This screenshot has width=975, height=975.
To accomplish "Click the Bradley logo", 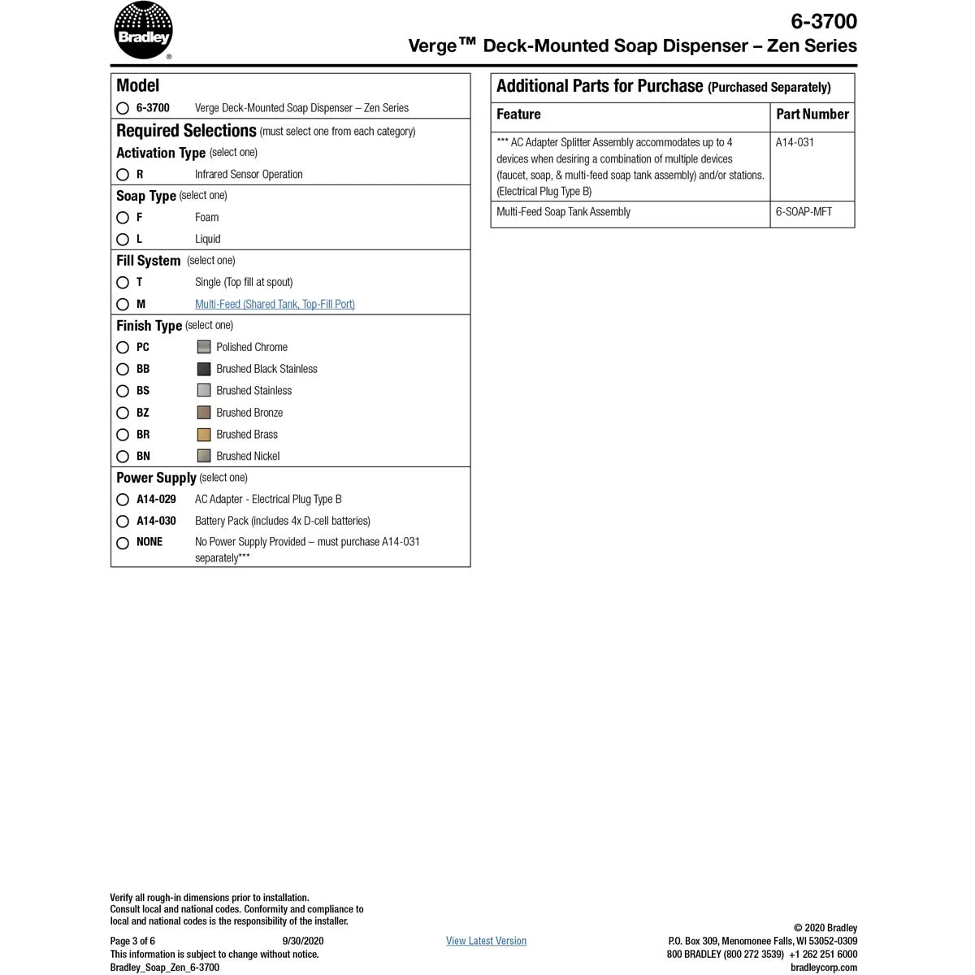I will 143,31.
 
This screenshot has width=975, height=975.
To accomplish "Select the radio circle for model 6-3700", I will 123,108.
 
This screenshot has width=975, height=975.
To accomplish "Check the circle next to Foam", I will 123,218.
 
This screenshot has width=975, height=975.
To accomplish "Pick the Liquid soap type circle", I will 123,240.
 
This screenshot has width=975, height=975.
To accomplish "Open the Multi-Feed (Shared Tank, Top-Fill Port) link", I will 275,304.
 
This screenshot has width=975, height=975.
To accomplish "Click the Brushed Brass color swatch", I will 204,435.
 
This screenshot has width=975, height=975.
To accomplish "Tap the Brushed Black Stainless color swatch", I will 204,369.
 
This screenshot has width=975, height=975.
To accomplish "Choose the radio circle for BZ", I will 123,413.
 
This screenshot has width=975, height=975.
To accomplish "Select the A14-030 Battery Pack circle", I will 123,522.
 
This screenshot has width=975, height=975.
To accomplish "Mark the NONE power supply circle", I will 123,543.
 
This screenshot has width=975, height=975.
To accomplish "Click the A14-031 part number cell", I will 795,142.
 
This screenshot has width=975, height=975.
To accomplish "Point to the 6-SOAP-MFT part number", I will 804,212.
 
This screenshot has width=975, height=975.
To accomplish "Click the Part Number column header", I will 812,115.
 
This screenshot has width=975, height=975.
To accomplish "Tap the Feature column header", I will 518,115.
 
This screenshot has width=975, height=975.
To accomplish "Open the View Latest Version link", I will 486,941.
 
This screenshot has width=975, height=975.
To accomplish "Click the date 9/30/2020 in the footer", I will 302,941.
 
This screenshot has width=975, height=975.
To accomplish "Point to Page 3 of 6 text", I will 132,941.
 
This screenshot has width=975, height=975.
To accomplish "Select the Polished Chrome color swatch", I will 204,347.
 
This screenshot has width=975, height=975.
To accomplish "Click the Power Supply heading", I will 156,478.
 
